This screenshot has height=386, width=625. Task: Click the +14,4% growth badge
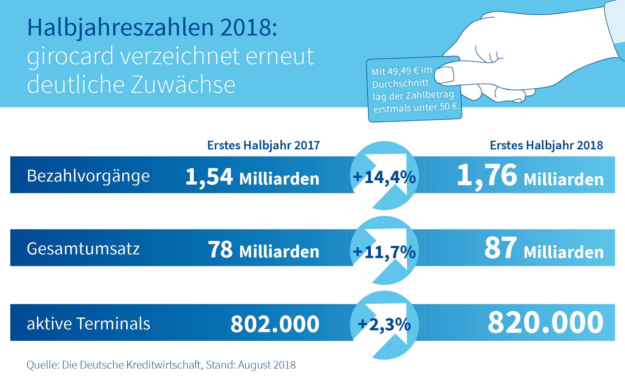click(x=384, y=177)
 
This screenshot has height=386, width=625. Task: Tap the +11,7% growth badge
click(x=384, y=252)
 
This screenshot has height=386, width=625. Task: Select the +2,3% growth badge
click(x=384, y=325)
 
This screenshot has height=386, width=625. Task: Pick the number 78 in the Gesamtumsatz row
click(x=220, y=250)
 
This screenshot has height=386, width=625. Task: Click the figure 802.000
click(x=275, y=324)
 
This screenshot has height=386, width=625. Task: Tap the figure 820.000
click(x=545, y=322)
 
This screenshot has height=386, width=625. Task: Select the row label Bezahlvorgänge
click(x=88, y=176)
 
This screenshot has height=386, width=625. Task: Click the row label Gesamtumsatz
click(x=83, y=249)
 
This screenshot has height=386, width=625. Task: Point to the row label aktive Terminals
click(x=88, y=323)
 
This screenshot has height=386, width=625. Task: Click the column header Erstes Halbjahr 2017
click(x=263, y=145)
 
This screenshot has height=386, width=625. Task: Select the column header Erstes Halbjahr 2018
click(x=546, y=145)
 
